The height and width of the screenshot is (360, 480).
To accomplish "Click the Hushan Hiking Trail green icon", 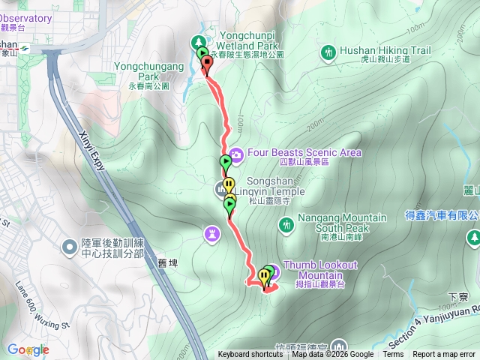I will (328, 52).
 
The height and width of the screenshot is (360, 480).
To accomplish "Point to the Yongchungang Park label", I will (148, 71).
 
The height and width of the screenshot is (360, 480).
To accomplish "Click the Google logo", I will (28, 350).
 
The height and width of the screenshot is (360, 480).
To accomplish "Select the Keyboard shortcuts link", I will (250, 355).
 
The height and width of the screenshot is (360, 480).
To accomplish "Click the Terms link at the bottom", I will (393, 355).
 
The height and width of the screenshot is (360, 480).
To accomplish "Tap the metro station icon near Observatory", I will (25, 45).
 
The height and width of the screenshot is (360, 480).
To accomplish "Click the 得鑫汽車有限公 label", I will (442, 215).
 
